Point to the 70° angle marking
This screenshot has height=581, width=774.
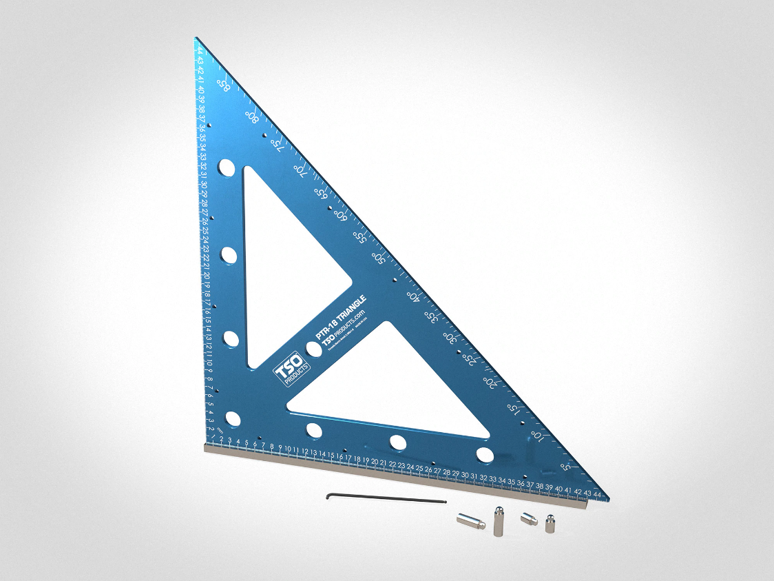coord(300,168)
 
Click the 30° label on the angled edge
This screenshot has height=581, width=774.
coord(449,338)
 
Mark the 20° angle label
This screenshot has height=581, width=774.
coord(490,381)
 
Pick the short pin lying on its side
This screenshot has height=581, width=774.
coord(528,518)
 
